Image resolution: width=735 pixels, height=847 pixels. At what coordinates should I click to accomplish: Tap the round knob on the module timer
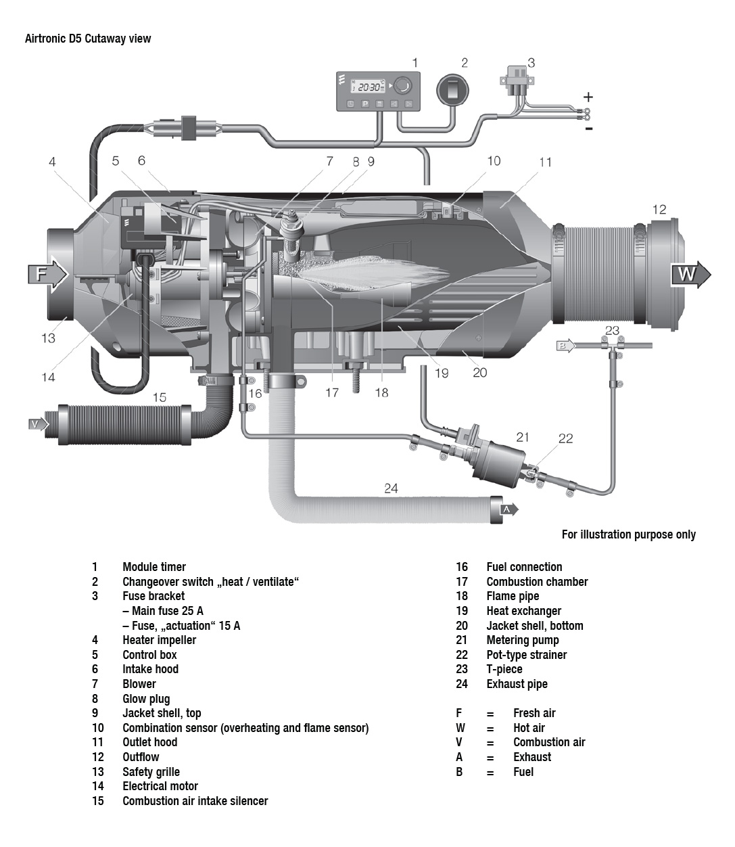403,85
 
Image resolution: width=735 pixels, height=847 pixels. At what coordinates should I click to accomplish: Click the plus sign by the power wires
588,97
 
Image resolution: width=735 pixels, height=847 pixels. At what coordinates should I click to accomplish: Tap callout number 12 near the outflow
659,210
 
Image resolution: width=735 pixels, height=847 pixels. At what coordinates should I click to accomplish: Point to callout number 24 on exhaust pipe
391,488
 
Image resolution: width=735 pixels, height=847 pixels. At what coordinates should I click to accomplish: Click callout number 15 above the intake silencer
160,397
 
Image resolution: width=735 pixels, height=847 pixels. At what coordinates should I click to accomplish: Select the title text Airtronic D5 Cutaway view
88,39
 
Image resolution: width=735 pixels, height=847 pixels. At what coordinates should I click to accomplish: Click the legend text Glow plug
146,699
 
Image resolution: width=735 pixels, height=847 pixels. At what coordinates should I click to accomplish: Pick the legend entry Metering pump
523,640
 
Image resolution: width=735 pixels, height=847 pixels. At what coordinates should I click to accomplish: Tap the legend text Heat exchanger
524,611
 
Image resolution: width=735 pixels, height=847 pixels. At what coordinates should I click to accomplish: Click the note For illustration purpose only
628,534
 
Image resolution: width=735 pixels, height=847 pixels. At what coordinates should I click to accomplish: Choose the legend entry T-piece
504,669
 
